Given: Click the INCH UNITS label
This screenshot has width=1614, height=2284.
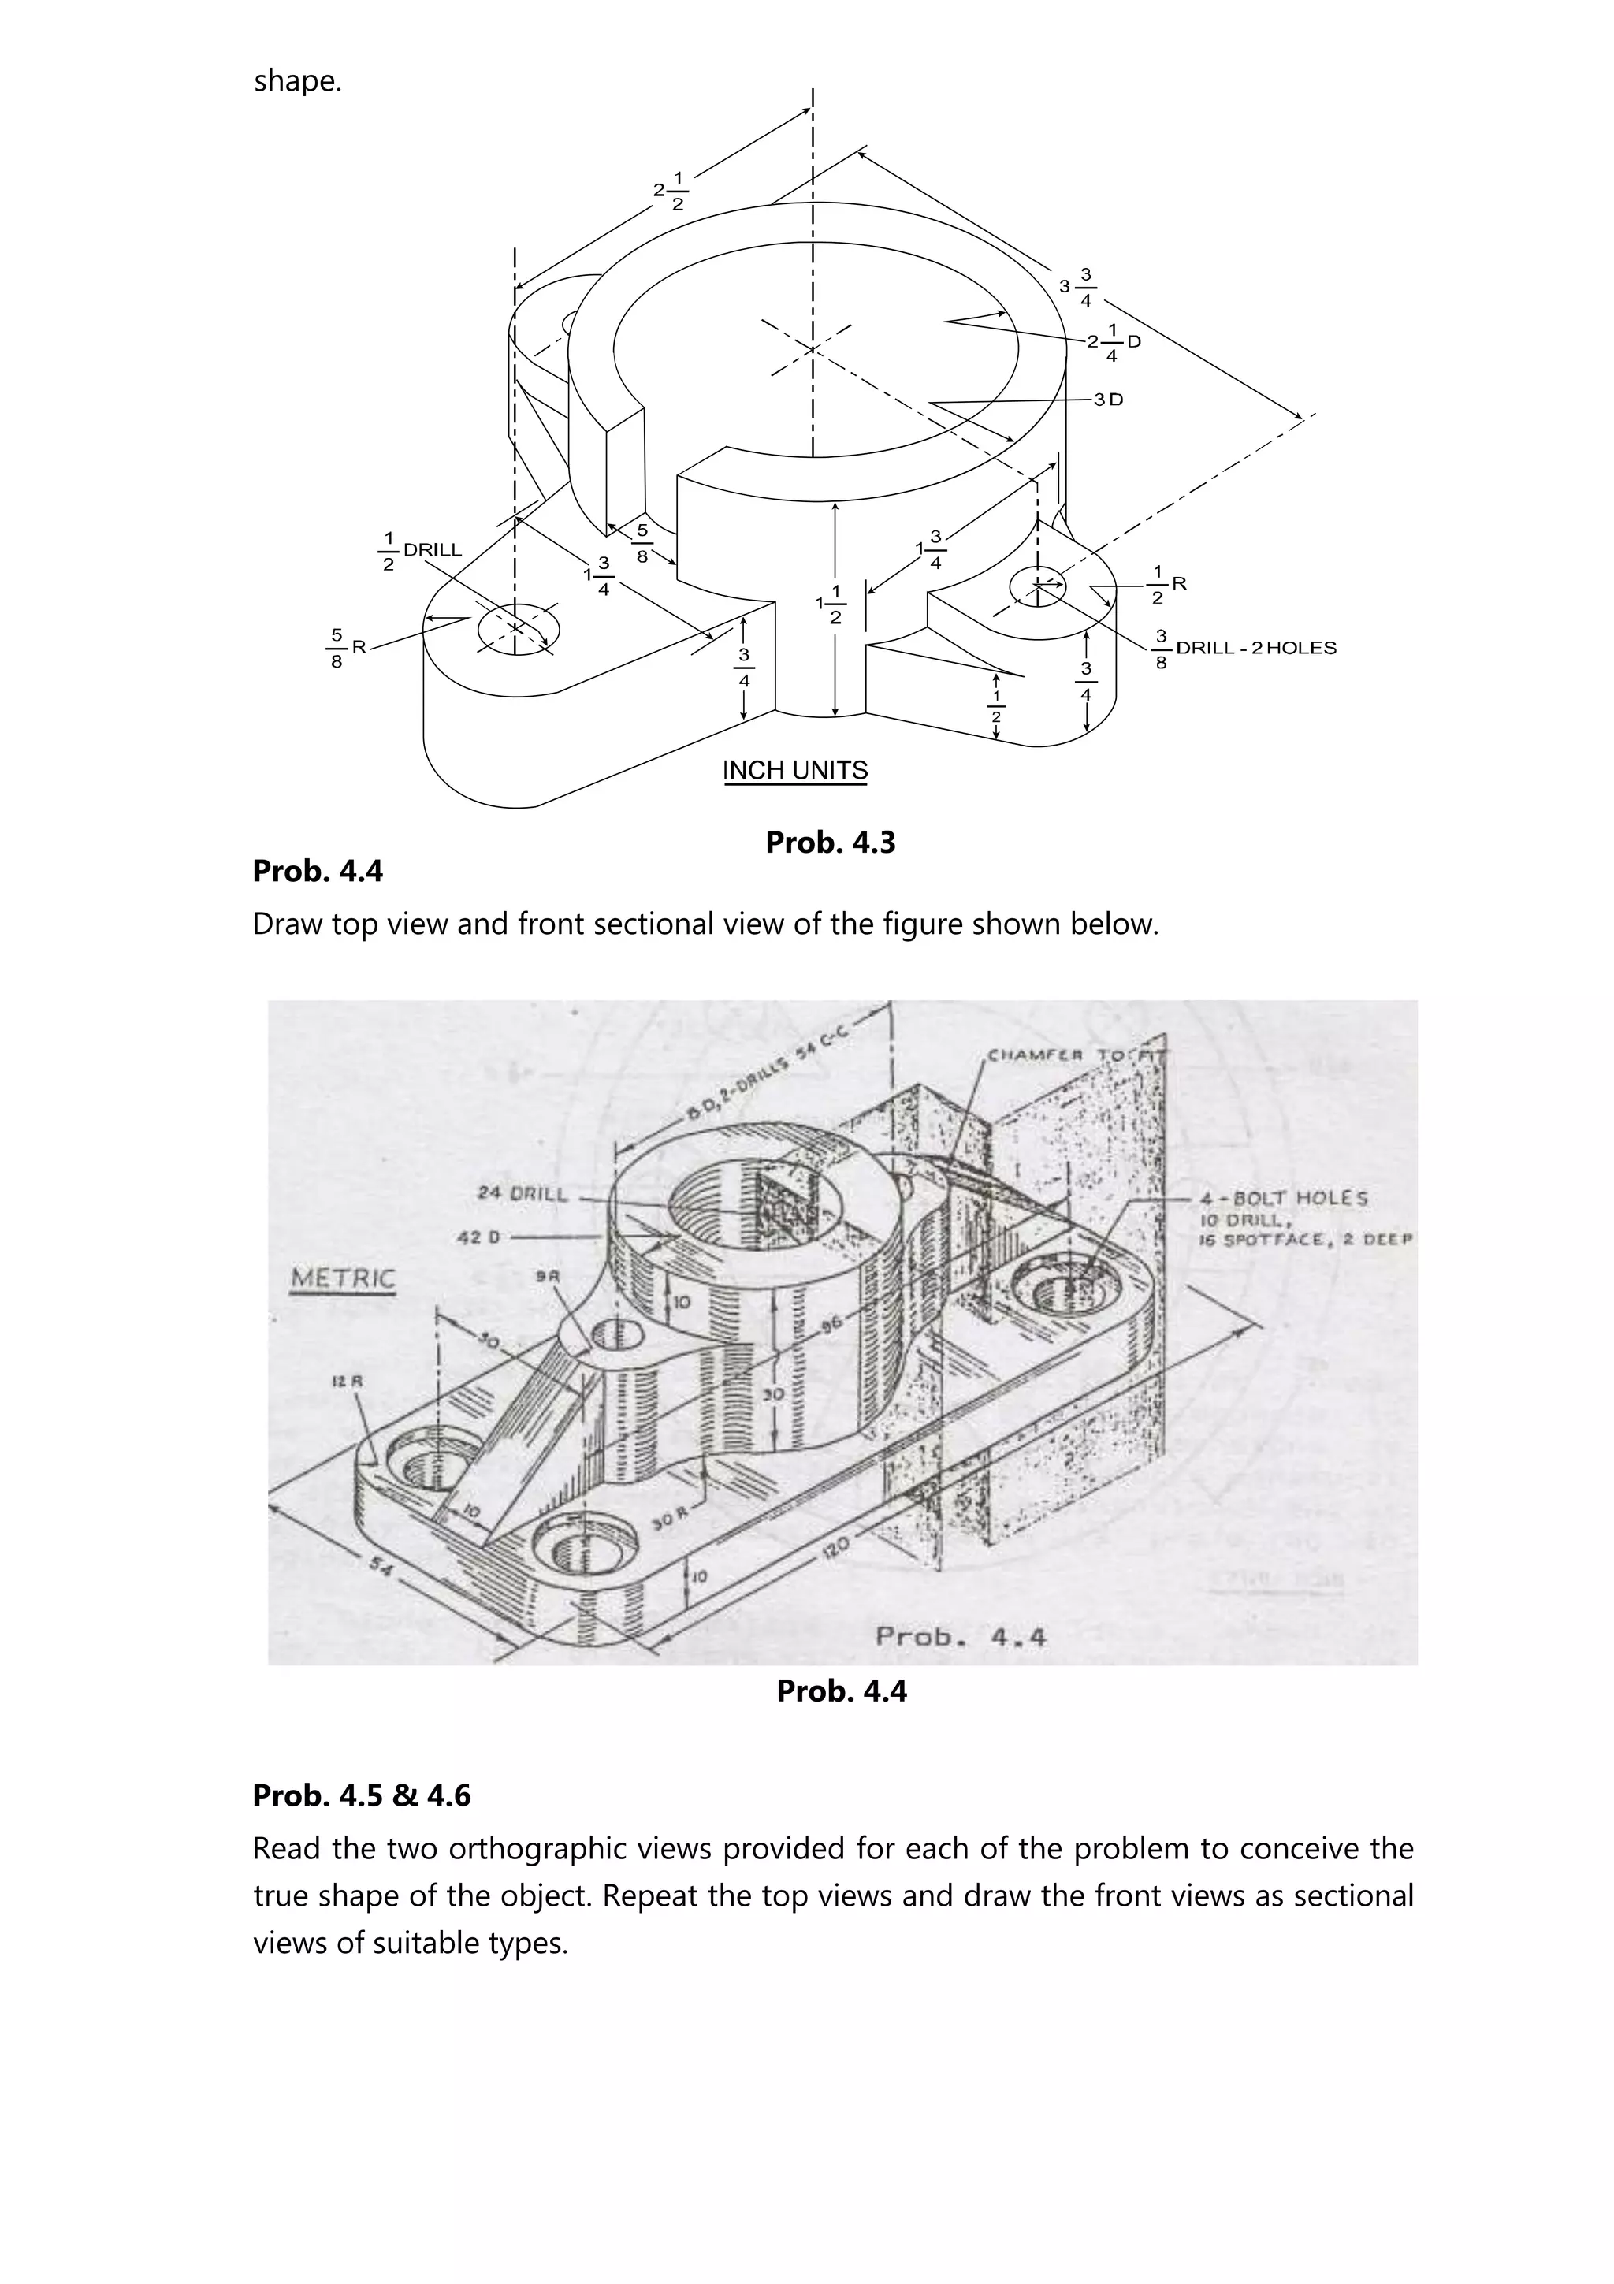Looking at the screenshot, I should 794,771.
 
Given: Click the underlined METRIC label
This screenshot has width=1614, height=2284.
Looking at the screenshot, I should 342,1279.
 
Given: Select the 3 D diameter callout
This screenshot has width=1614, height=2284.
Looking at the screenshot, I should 1108,399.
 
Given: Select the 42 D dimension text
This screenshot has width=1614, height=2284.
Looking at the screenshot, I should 478,1237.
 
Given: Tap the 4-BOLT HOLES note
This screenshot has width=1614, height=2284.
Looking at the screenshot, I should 1285,1199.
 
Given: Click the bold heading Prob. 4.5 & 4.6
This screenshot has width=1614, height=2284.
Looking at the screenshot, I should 361,1795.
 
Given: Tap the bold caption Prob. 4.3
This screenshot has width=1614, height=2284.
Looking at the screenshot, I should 831,843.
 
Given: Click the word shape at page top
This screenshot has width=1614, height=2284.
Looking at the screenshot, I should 296,80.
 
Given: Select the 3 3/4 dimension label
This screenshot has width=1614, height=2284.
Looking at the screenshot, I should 1076,287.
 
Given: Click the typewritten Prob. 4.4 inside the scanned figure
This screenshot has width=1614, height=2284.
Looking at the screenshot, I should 960,1636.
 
